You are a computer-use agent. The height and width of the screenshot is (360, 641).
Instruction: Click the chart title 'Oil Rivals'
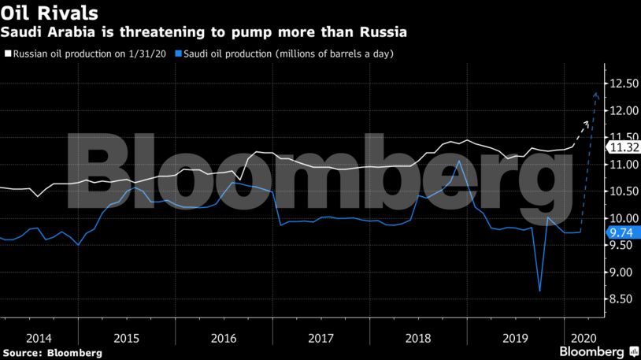click(x=50, y=13)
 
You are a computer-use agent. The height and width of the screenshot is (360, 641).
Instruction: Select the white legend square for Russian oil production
click(x=8, y=54)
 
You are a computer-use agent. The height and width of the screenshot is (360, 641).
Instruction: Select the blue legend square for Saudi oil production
click(x=178, y=54)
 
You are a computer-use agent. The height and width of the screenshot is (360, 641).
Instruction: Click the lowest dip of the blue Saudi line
click(x=539, y=291)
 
